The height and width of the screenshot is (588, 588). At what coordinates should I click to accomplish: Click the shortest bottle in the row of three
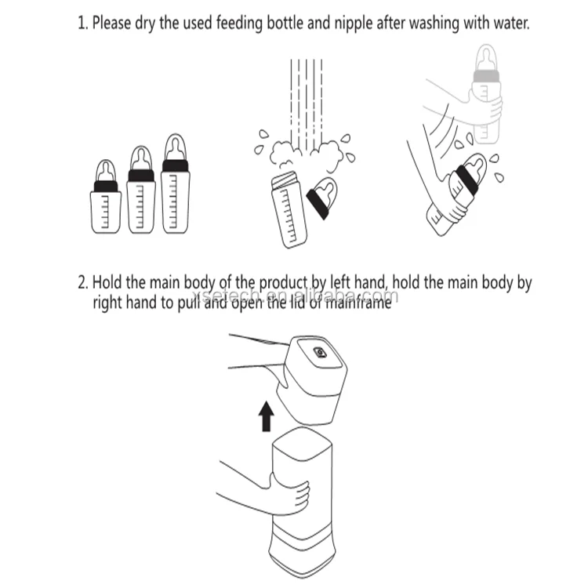[x=106, y=197]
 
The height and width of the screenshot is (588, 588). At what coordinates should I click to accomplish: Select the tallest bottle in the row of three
[x=175, y=183]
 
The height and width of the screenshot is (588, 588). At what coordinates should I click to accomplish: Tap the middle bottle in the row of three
[x=141, y=190]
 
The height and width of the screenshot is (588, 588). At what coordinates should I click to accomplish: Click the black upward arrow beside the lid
[x=267, y=416]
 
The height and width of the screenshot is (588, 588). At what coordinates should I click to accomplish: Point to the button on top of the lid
[x=320, y=352]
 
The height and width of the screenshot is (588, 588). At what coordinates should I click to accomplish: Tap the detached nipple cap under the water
[x=322, y=198]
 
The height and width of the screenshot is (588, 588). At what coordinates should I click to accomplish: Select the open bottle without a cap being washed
[x=289, y=210]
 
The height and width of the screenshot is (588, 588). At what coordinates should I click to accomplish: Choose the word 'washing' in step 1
[x=434, y=24]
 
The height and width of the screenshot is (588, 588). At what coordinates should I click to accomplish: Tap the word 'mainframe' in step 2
[x=358, y=303]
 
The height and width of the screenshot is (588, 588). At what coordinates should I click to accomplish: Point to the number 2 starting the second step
[x=82, y=282]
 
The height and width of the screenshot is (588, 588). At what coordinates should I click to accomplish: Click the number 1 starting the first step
[x=82, y=23]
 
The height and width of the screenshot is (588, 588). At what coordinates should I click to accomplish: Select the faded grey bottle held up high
[x=486, y=94]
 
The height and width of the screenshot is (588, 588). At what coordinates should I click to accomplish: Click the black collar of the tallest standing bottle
[x=175, y=166]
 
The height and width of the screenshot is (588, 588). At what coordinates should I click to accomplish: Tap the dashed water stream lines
[x=307, y=105]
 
